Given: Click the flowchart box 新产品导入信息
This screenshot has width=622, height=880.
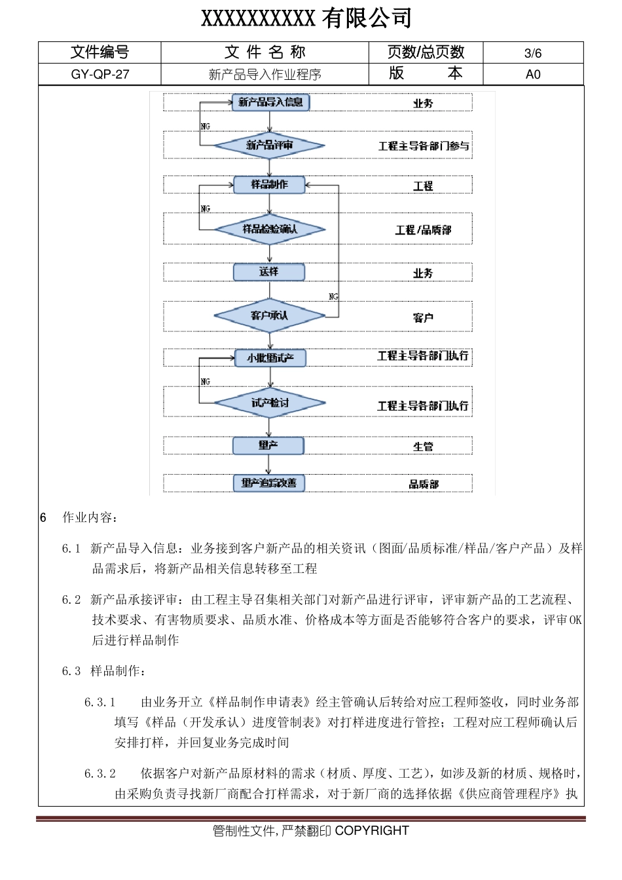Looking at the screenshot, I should tap(270, 102).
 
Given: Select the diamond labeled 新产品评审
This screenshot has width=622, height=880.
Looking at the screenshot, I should tap(270, 145).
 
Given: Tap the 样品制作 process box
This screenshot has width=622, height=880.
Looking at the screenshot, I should tap(269, 185).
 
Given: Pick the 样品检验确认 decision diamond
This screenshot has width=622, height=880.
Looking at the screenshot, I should tap(270, 229).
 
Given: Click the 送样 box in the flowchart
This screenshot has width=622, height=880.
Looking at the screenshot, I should tap(268, 272).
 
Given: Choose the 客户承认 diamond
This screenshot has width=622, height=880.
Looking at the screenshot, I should tap(269, 316).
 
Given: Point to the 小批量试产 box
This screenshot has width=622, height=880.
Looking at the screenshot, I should tap(270, 357).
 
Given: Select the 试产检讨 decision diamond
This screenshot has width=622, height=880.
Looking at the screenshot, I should tap(270, 403).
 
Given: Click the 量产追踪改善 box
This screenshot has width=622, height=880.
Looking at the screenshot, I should tap(268, 483).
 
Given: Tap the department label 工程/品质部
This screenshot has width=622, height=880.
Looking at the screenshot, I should tap(423, 230).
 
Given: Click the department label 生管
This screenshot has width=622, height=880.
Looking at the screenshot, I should tap(423, 447).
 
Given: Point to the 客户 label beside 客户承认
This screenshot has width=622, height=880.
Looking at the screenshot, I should tap(423, 318).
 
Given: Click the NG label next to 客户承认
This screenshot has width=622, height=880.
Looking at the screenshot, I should tap(333, 297).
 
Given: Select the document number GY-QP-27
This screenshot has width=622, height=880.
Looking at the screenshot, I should tap(100, 75).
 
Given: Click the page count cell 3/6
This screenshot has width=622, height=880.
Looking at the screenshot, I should tap(533, 54).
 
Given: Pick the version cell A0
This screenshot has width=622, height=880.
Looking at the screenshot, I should tap(533, 75).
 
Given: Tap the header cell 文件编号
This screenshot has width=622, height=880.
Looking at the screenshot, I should tap(100, 52).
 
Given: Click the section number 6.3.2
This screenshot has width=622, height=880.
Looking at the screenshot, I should tap(100, 774).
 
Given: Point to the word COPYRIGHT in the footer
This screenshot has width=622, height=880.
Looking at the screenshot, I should tap(372, 831).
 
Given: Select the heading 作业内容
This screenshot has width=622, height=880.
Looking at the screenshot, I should tap(90, 518).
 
